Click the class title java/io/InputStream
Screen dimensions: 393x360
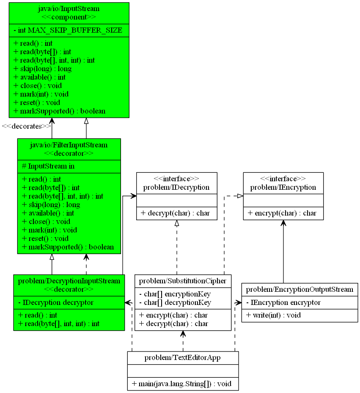point(69,8)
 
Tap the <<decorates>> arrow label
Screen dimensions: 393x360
point(26,126)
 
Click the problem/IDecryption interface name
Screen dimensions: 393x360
point(176,187)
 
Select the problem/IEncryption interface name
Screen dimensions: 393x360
point(283,187)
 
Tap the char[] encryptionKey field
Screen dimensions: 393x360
point(175,294)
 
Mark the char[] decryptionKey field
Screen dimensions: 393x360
point(175,302)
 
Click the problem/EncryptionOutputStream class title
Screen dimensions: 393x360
point(300,289)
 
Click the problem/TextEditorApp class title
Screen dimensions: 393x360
point(183,358)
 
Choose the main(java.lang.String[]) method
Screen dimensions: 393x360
point(181,384)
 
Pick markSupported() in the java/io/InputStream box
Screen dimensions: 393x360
point(59,111)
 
